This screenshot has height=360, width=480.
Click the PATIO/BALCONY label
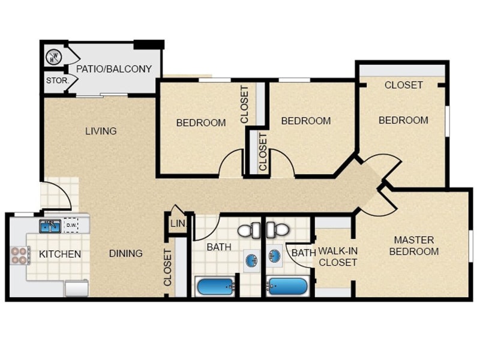pos(114,68)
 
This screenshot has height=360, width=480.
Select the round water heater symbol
pos(54,58)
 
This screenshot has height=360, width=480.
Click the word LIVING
pos(100,131)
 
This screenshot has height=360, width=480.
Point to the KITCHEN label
pos(60,254)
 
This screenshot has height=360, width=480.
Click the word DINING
pos(126,253)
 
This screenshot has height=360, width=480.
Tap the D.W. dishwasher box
pos(71,226)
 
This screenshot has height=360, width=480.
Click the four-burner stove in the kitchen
pos(19,256)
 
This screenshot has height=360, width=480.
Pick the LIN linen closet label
pos(177,224)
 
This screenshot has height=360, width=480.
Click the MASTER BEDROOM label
pos(414,245)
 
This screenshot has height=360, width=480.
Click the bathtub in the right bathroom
pos(288,287)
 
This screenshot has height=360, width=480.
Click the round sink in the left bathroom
pos(251,259)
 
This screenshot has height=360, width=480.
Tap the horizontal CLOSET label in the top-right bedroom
pos(403,85)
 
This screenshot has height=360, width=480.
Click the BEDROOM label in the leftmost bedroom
pos(201,122)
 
